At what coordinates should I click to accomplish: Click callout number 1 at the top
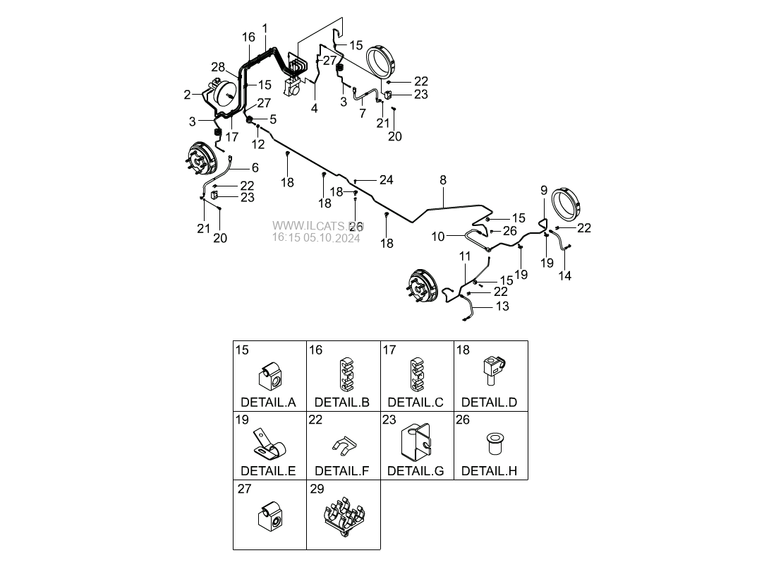pos(265,28)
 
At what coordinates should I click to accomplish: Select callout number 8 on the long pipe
pos(443,181)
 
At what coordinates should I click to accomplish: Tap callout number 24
pos(386,180)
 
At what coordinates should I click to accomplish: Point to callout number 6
pos(255,167)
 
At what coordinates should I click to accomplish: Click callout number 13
pos(502,307)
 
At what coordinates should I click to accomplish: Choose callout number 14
pos(565,276)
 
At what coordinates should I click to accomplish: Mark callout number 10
pos(438,237)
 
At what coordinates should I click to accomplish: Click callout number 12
pos(258,144)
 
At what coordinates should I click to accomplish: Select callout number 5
pos(272,120)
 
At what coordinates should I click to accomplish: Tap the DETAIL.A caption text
pos(268,403)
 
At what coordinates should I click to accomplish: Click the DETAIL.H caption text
pos(489,470)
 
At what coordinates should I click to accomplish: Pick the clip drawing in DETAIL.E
pos(268,444)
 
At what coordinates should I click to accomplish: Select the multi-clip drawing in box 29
pos(343,519)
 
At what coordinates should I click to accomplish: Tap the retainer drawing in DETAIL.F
pos(342,444)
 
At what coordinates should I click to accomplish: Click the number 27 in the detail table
pos(244,488)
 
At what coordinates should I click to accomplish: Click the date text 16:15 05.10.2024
pos(316,239)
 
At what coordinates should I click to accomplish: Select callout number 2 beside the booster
pos(187,95)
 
